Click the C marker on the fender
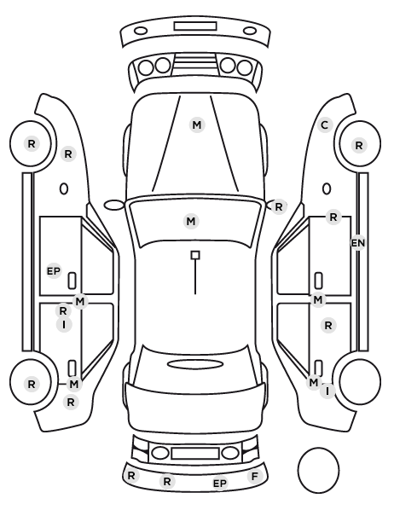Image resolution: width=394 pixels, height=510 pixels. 324,125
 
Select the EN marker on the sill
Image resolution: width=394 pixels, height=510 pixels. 358,243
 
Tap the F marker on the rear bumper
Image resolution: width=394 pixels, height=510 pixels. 254,477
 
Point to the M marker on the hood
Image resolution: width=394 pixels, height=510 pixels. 197,125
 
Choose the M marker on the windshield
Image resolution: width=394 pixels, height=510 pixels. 191,222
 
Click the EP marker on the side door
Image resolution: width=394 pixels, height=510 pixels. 54,270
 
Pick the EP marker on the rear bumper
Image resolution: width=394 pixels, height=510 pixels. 220,484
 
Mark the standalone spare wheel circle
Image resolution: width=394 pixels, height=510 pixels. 318,470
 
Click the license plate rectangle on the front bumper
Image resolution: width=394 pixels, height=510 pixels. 195,26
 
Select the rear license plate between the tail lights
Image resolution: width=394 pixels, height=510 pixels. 195,453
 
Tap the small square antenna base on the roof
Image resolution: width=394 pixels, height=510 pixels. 195,255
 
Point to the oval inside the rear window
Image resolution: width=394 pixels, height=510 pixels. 195,364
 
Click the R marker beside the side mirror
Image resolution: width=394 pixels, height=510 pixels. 279,206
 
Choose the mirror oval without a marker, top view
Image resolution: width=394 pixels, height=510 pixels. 114,206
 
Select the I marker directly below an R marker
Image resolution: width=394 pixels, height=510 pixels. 64,325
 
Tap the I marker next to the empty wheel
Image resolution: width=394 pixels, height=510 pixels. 327,391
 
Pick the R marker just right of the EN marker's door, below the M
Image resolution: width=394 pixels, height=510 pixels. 328,325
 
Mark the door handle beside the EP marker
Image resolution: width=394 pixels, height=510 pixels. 72,281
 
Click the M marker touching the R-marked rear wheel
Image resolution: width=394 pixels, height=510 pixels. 74,384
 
